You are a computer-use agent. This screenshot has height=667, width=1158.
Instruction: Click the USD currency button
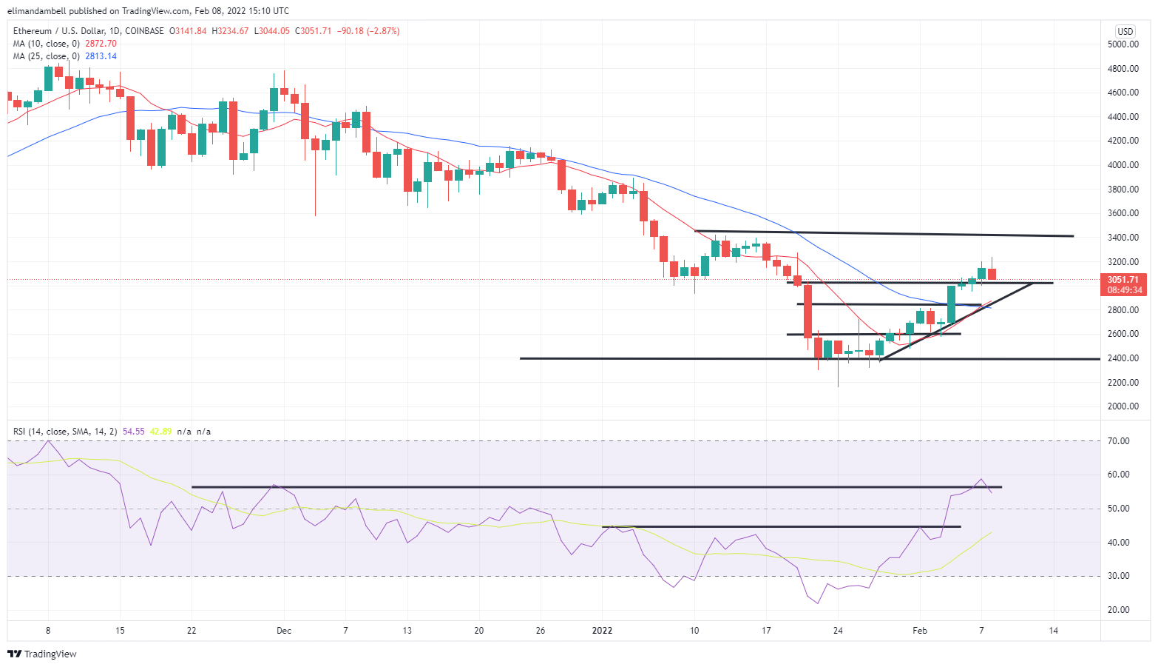pyautogui.click(x=1125, y=31)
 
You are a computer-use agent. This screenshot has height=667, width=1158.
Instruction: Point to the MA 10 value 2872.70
pyautogui.click(x=101, y=44)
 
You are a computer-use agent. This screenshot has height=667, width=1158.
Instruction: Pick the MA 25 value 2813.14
pyautogui.click(x=101, y=56)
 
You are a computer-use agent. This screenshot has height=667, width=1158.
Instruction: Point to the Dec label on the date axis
pyautogui.click(x=284, y=631)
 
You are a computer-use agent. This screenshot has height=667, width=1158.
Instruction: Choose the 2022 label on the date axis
pyautogui.click(x=603, y=631)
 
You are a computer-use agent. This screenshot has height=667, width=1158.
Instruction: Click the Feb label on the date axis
pyautogui.click(x=919, y=631)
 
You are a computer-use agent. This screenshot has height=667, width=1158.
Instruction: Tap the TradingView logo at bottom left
pyautogui.click(x=42, y=654)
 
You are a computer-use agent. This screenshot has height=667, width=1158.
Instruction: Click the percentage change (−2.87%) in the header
pyautogui.click(x=379, y=31)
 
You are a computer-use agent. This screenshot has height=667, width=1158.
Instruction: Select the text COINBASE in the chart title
pyautogui.click(x=144, y=31)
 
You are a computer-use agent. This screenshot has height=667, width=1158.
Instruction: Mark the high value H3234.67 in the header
pyautogui.click(x=231, y=31)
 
